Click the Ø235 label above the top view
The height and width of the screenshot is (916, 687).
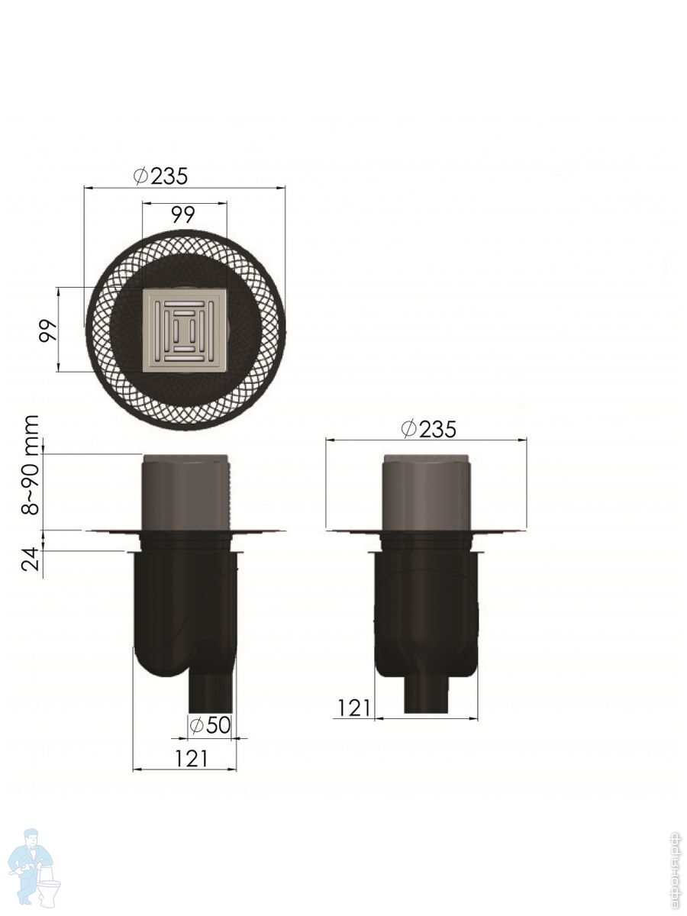(x=161, y=176)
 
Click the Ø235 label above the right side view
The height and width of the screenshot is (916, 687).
(x=429, y=429)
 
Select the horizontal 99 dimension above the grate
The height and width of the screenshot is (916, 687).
(x=183, y=215)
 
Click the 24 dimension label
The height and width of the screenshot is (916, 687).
(x=31, y=560)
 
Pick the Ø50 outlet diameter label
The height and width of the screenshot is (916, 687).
(x=210, y=726)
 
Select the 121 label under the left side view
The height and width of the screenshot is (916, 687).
(x=191, y=758)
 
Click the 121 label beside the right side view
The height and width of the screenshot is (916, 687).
(x=353, y=708)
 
